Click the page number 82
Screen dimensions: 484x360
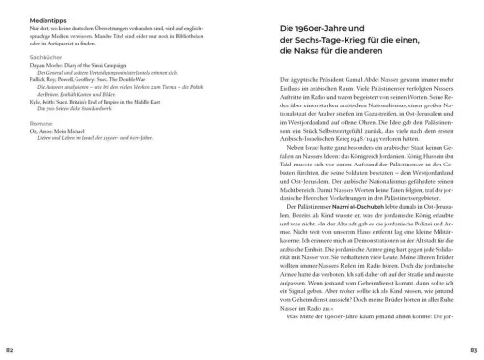(10, 348)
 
